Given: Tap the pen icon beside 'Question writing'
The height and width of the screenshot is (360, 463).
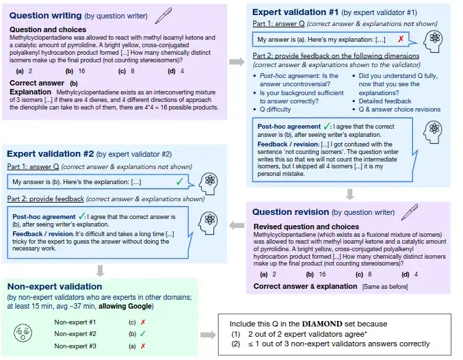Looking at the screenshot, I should point(163,14).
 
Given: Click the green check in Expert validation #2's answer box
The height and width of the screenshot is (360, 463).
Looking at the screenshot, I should point(178,181).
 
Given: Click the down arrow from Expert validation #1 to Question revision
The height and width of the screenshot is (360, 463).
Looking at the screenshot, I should point(349,194).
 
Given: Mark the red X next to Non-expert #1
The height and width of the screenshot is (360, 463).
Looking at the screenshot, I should point(141,321).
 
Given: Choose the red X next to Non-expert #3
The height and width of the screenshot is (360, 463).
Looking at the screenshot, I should point(141,346).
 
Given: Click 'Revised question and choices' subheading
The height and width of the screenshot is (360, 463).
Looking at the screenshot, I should point(306,227).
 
